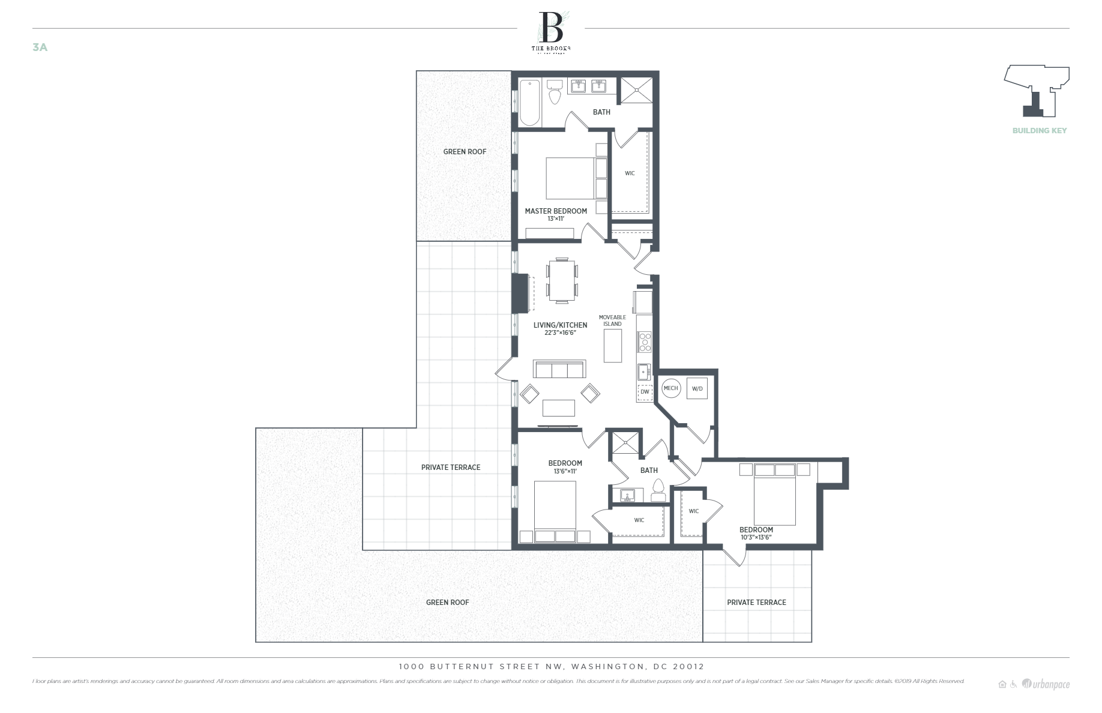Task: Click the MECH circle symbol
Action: click(x=670, y=388)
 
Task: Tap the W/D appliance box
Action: click(x=697, y=388)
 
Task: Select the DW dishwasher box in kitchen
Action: click(x=645, y=392)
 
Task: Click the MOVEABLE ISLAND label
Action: click(x=612, y=320)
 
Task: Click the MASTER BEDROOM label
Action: click(x=556, y=211)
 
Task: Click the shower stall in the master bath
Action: click(x=636, y=91)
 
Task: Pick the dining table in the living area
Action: click(x=562, y=280)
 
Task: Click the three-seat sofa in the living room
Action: click(x=559, y=369)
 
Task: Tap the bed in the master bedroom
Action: click(x=570, y=178)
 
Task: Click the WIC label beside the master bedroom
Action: click(x=630, y=173)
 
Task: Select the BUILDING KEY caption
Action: click(x=1039, y=130)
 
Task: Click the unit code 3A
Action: click(x=40, y=47)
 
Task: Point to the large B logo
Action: click(x=551, y=27)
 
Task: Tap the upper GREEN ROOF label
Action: click(x=465, y=152)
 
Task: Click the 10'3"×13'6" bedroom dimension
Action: click(x=756, y=537)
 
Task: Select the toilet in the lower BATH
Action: click(x=658, y=490)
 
